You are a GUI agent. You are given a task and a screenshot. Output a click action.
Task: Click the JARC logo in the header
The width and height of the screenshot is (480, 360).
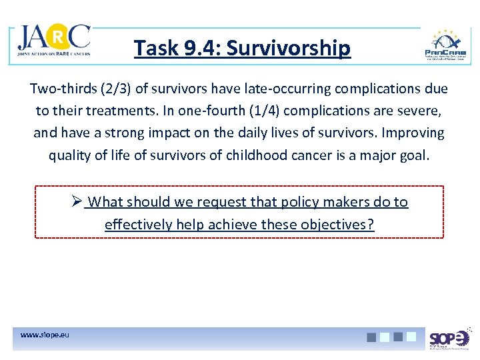[54, 41]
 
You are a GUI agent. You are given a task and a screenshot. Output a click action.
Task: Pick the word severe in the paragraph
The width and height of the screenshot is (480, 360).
[425, 111]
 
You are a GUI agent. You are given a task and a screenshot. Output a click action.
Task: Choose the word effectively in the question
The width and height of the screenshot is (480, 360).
[139, 224]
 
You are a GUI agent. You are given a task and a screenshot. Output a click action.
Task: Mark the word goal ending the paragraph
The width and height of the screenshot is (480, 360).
[415, 155]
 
